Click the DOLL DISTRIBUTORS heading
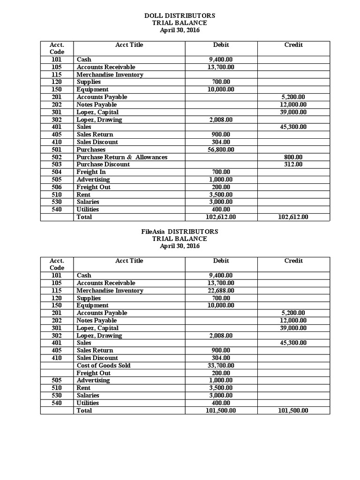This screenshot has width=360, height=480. (x=180, y=15)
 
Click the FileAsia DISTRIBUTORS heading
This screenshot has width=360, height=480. (x=180, y=232)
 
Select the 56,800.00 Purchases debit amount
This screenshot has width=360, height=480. (x=221, y=150)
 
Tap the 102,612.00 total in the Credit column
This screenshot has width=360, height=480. (x=293, y=217)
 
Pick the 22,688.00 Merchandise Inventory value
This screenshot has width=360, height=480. (x=221, y=291)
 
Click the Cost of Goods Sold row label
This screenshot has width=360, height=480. (x=104, y=366)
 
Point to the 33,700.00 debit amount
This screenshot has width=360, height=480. (x=221, y=366)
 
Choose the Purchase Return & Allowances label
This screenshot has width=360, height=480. (x=122, y=157)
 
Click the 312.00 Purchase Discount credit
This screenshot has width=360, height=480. (x=293, y=165)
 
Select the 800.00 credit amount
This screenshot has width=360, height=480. (x=293, y=157)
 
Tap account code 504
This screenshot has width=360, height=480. (x=57, y=172)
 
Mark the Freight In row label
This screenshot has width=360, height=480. (x=91, y=172)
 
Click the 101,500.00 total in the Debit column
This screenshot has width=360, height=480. (x=221, y=411)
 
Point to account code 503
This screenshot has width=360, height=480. (x=57, y=165)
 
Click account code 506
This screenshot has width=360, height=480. (x=57, y=187)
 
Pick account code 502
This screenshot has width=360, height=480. (x=57, y=157)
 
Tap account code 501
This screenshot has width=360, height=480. (x=57, y=150)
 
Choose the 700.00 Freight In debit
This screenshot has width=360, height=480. (x=221, y=172)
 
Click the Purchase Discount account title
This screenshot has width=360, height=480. (x=103, y=165)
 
